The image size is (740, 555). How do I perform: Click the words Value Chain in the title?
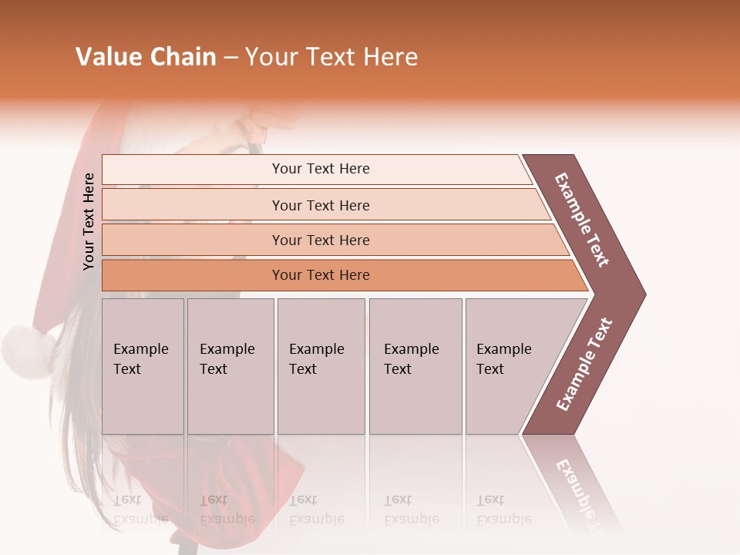[146, 57]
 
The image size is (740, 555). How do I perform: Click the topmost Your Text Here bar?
[320, 169]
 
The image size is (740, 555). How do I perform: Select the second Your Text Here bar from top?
[320, 205]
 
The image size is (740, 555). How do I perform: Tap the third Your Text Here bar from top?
[320, 240]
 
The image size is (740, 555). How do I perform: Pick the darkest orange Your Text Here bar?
[320, 274]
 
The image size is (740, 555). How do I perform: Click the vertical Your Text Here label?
[89, 221]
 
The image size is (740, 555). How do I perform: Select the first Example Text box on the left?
[143, 366]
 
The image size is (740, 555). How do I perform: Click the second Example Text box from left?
[230, 366]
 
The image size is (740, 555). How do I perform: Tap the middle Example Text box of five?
[321, 366]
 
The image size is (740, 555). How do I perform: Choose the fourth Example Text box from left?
[415, 366]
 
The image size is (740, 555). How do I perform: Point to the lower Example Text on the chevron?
[584, 364]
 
